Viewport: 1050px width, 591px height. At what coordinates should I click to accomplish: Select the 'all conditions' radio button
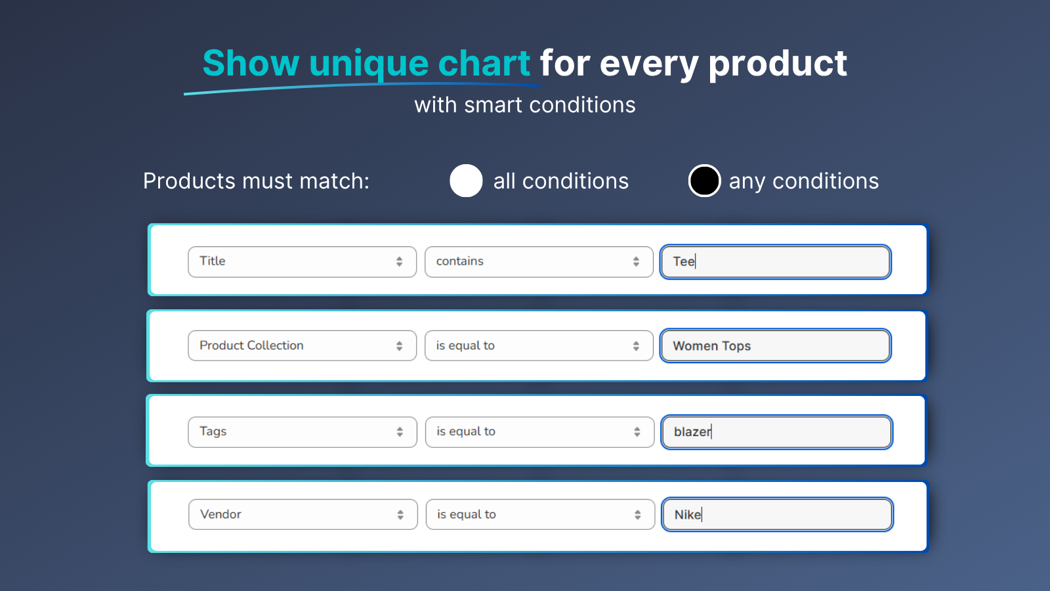pos(466,181)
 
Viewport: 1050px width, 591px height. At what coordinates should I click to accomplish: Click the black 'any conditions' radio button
pos(704,181)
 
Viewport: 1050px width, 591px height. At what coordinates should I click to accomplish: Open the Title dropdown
pos(303,262)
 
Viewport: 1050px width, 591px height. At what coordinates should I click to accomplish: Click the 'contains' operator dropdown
pos(539,262)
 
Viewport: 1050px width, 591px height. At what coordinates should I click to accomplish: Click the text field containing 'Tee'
pos(775,262)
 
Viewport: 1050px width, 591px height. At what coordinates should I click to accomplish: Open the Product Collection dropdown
pos(303,345)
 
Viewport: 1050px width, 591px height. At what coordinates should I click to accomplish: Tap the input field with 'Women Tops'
pos(775,345)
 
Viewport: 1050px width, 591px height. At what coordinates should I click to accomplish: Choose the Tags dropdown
pos(303,432)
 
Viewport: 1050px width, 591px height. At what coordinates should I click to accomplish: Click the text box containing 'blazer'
pos(777,432)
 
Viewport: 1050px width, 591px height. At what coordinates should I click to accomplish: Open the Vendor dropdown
pos(303,515)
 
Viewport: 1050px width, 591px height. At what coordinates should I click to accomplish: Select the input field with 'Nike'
pos(777,515)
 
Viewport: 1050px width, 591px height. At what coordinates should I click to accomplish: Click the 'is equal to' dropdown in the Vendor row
pos(540,515)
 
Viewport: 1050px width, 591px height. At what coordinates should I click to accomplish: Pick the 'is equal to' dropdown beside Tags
pos(539,432)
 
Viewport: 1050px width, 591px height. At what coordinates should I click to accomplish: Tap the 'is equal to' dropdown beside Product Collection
pos(539,345)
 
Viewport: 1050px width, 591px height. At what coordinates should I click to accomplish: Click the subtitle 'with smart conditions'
pos(525,105)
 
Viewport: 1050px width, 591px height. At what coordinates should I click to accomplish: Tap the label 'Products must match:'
pos(257,181)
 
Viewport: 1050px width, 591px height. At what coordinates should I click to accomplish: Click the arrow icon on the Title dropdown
pos(399,262)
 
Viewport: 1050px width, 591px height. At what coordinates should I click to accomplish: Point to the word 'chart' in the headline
pos(484,63)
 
